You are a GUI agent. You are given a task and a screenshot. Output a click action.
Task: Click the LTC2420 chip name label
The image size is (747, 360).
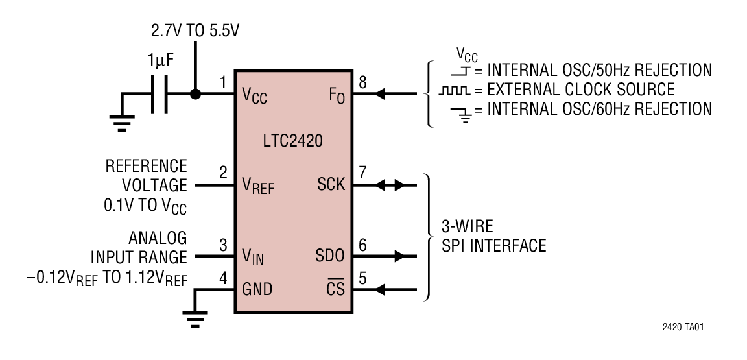293,140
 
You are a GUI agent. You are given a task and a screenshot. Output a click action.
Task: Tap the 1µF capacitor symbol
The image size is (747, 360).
160,94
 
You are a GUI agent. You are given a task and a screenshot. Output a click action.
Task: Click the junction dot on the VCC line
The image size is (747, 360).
195,94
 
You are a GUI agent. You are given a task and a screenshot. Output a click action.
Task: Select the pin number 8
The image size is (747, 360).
362,82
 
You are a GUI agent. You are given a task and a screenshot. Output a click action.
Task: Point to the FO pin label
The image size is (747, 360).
336,95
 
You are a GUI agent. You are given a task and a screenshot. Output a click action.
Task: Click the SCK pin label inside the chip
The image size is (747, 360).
331,185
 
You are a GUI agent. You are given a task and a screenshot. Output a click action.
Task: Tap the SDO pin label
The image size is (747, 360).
331,256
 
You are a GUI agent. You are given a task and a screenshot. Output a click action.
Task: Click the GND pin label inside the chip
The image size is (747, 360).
257,289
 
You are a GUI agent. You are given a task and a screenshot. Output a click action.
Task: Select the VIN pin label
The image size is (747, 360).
253,257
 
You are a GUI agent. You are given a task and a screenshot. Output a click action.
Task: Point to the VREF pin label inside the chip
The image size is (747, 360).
257,186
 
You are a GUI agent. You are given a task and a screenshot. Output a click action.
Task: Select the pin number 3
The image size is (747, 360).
223,245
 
